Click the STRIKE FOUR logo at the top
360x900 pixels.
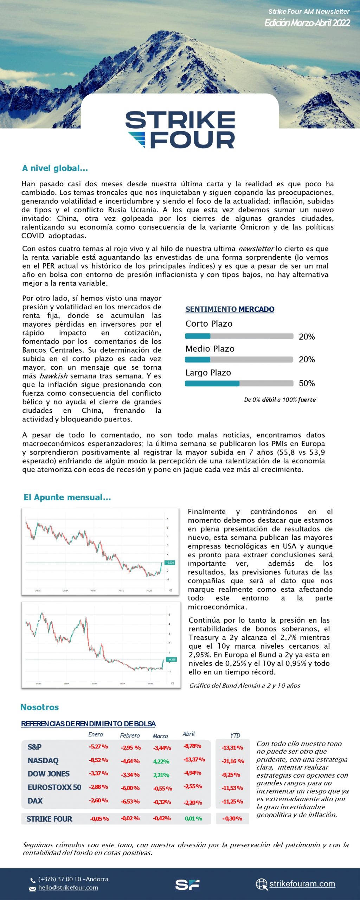click(180, 129)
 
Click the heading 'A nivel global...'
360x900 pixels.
click(55, 168)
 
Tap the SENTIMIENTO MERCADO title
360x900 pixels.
click(230, 309)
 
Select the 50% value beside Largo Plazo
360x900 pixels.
click(307, 383)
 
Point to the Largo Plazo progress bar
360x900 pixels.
click(239, 383)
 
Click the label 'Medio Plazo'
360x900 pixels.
click(210, 349)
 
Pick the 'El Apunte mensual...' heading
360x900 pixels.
click(67, 497)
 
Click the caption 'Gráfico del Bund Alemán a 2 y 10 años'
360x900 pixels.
click(245, 686)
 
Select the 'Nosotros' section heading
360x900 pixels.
click(39, 707)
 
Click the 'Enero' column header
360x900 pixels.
click(96, 734)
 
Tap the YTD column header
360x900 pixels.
click(235, 735)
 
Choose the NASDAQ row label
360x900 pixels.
click(43, 760)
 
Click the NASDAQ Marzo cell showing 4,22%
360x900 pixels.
click(161, 761)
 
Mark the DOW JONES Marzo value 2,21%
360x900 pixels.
click(161, 775)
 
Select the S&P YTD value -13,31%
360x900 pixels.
click(232, 748)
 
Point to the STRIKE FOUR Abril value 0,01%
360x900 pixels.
click(193, 818)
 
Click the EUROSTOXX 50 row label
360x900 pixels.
click(54, 787)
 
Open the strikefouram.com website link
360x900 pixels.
click(302, 884)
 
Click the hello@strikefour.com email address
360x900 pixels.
click(68, 888)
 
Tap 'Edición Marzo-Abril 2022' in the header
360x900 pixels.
click(307, 23)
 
